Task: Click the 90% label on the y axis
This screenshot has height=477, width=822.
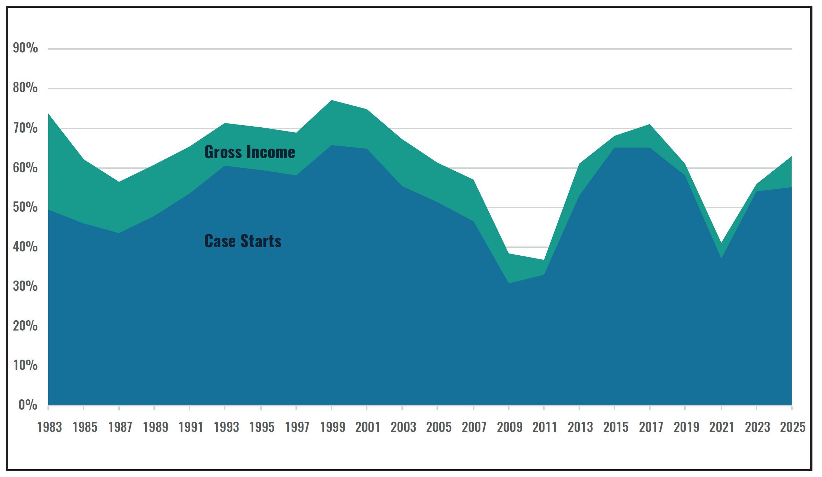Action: click(x=25, y=48)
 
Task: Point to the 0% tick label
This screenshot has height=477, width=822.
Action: click(x=28, y=405)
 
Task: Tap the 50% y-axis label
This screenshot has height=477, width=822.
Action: click(x=25, y=207)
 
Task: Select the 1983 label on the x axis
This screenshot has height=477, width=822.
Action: click(x=49, y=427)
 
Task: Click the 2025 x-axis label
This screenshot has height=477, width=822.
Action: click(x=793, y=427)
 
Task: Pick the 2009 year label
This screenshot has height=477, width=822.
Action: click(x=509, y=427)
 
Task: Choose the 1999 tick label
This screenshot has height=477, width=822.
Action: click(x=332, y=427)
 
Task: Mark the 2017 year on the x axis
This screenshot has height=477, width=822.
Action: click(x=651, y=427)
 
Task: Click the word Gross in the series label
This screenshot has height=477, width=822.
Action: click(x=223, y=152)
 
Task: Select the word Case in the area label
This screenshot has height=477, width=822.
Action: click(x=220, y=241)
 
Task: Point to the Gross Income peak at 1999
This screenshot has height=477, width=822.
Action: click(x=332, y=100)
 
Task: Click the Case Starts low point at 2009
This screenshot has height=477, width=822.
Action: click(x=509, y=283)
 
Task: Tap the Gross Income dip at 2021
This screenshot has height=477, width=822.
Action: click(x=721, y=243)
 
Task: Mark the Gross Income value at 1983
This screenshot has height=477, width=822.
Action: click(x=49, y=114)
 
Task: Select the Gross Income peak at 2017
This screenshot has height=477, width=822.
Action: click(x=650, y=124)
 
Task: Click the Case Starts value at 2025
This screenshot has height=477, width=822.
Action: click(x=791, y=187)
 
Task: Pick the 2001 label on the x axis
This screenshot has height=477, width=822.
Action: click(x=368, y=427)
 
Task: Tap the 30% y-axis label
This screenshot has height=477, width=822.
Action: click(x=25, y=286)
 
